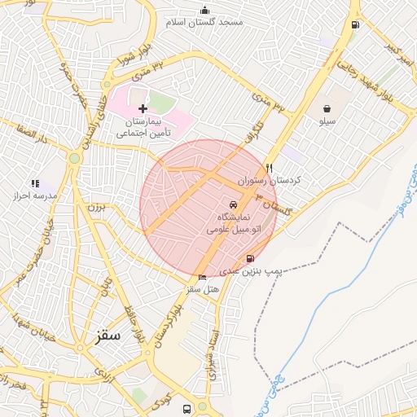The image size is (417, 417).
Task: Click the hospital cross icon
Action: tap(143, 108)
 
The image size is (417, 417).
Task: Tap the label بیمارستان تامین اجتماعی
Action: tap(143, 125)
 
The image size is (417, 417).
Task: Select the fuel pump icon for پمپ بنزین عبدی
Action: tap(249, 259)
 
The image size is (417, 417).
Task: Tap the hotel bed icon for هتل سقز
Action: tap(203, 277)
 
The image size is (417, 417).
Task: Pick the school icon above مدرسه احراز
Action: tap(34, 184)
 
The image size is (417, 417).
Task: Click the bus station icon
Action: tap(187, 408)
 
